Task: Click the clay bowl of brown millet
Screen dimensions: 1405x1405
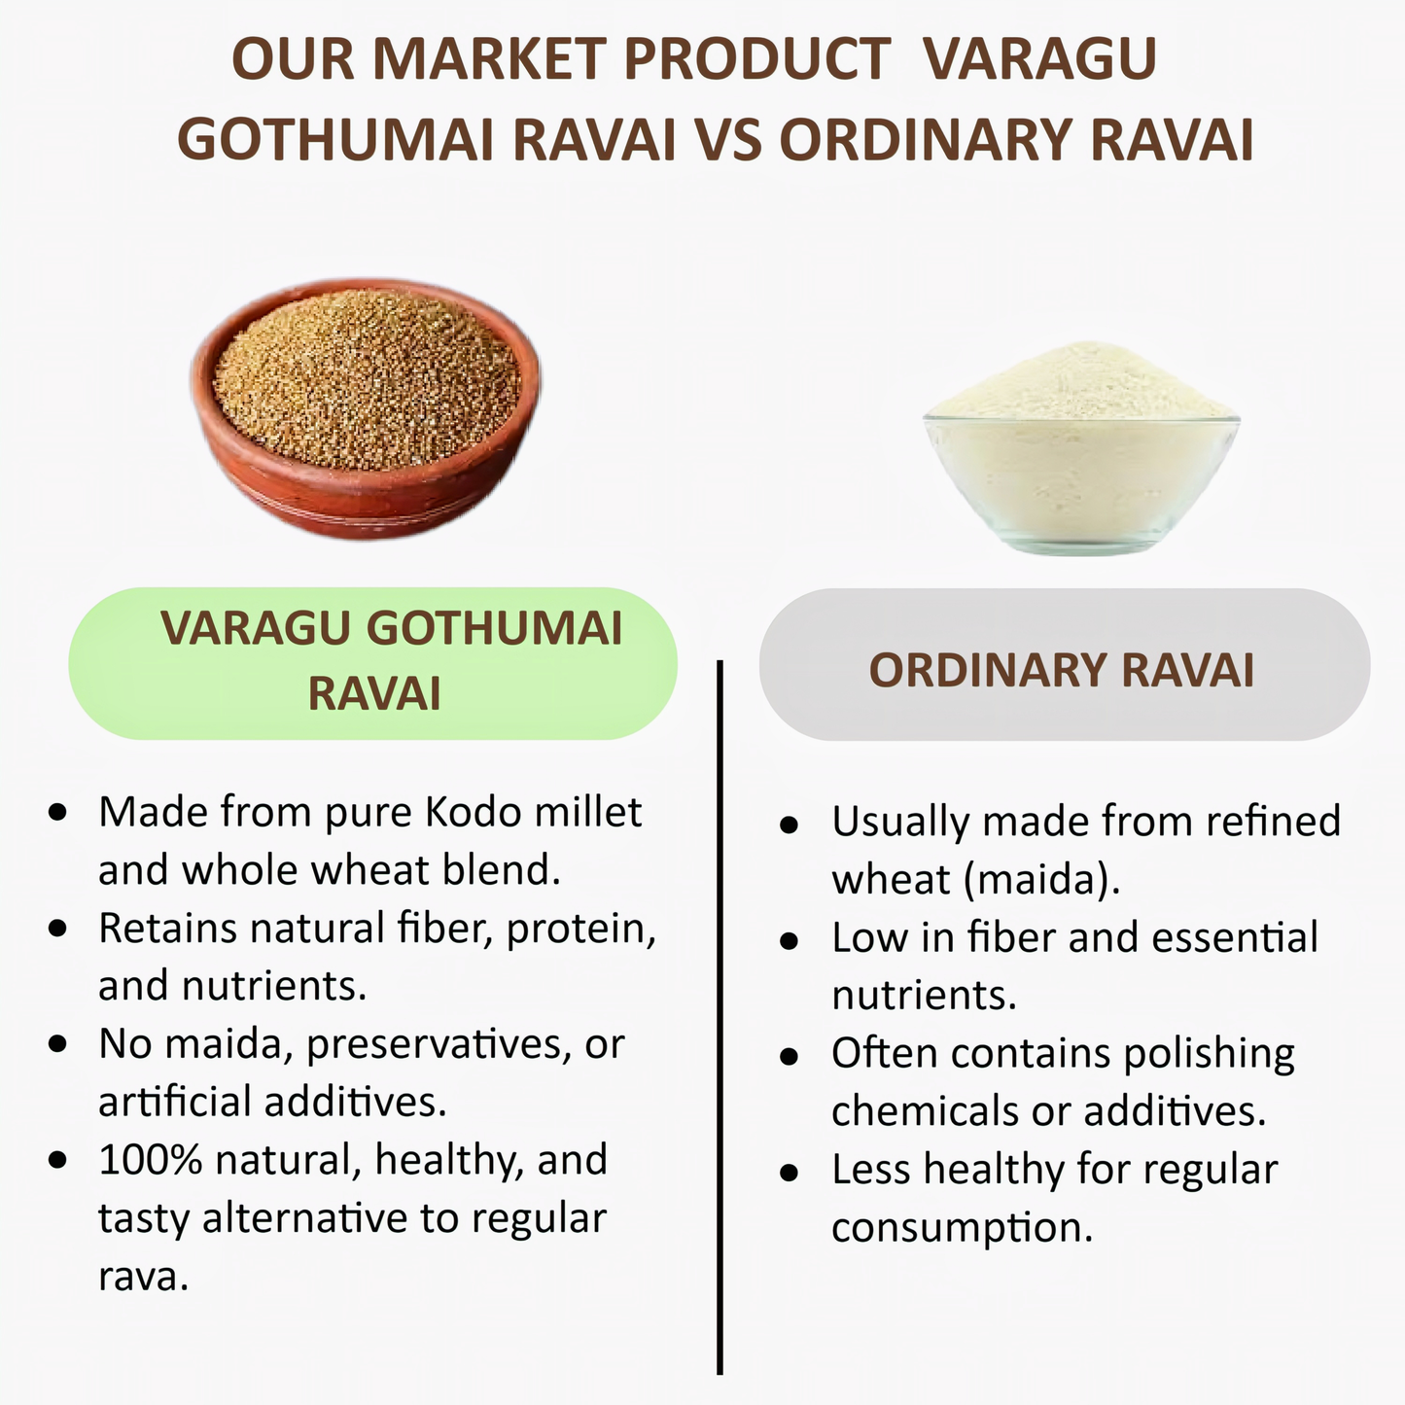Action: (x=366, y=408)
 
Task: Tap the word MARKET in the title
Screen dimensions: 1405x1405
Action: (x=487, y=59)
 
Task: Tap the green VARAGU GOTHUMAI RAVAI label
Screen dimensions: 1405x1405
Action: (x=373, y=662)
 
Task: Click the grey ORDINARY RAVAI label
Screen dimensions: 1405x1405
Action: (x=1063, y=670)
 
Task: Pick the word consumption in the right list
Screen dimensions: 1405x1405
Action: (x=962, y=1228)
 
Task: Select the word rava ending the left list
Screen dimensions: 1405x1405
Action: (x=142, y=1277)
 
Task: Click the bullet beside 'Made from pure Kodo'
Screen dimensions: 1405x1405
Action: (x=58, y=811)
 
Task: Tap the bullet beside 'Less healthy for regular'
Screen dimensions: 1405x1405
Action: (x=790, y=1171)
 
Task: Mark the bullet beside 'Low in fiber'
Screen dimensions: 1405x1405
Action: (x=790, y=939)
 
